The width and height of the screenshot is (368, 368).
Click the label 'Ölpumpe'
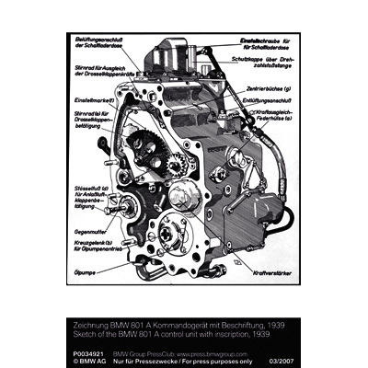tap(87, 271)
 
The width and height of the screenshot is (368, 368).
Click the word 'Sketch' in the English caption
tap(82, 334)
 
